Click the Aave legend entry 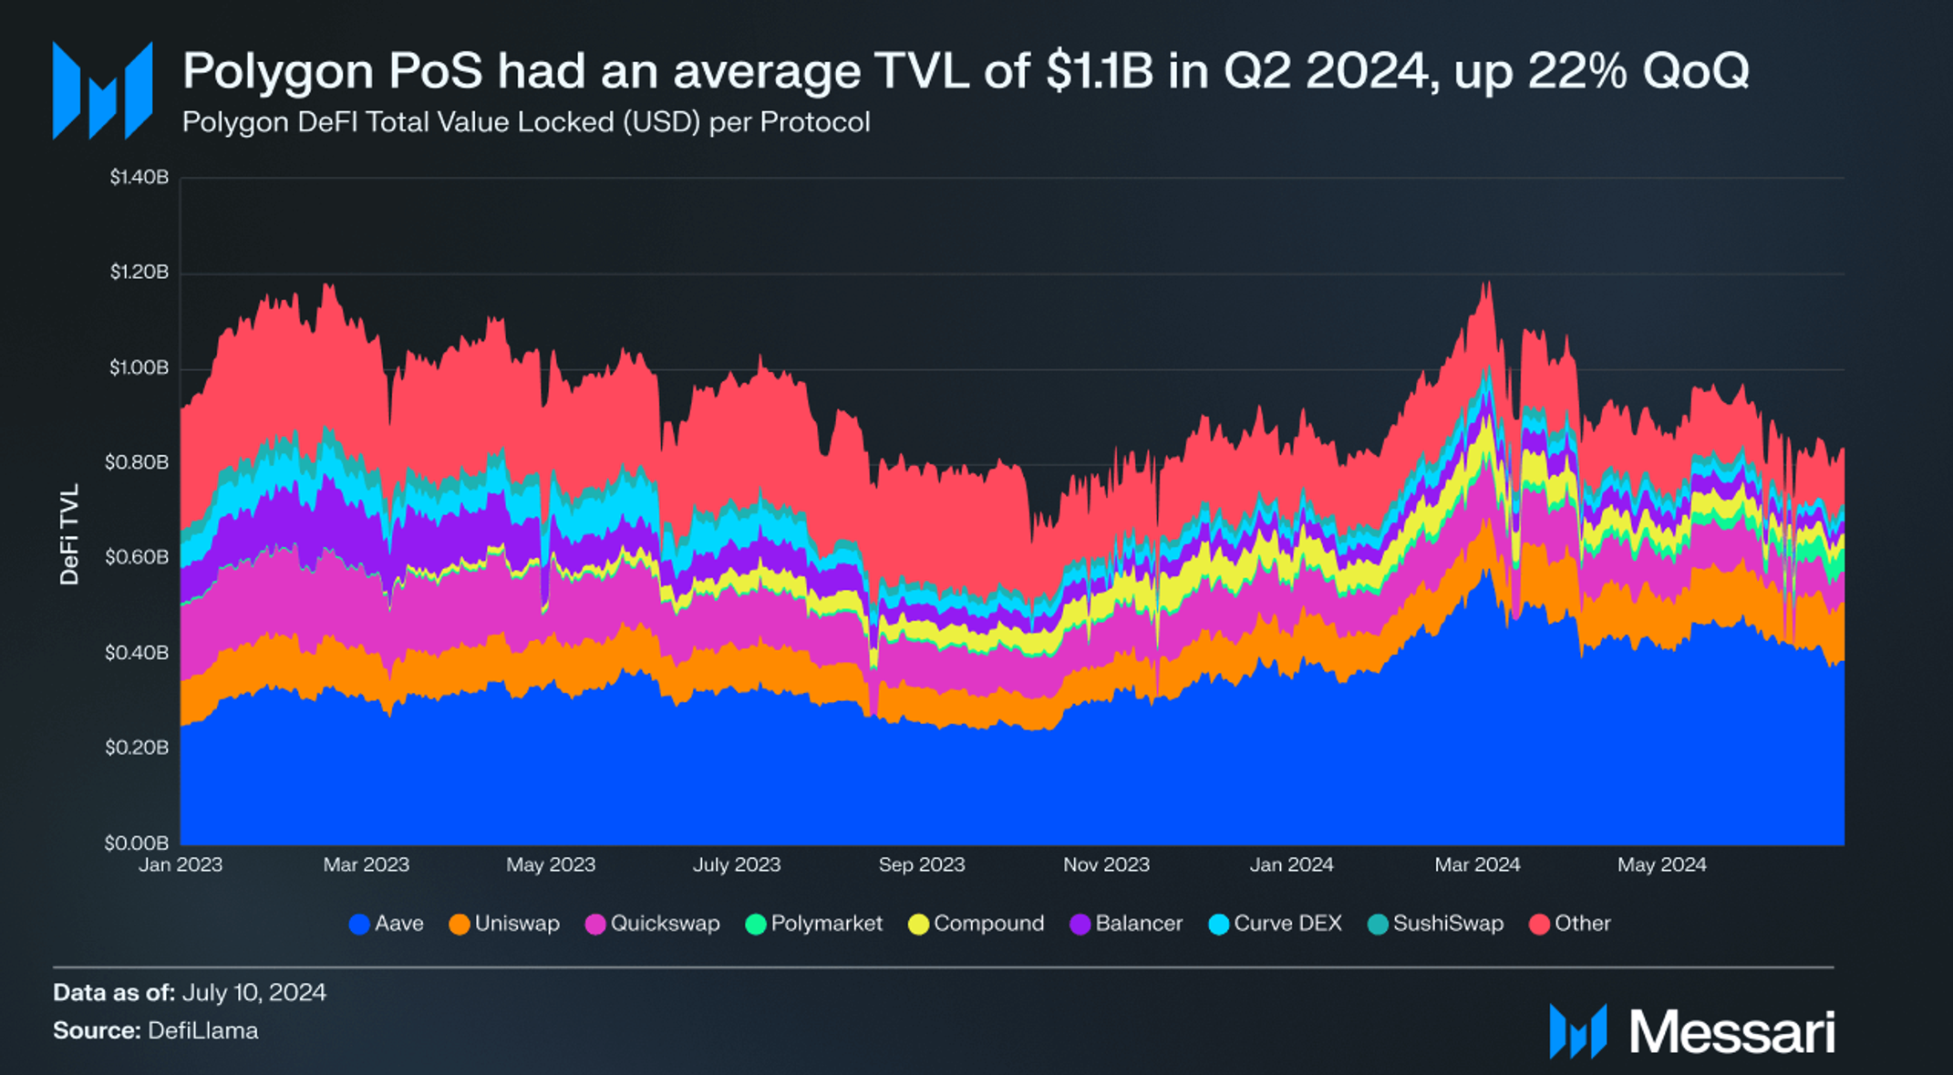(x=387, y=924)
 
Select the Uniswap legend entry (x=505, y=924)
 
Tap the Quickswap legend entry (x=653, y=924)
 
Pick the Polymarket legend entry (x=814, y=924)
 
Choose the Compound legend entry (x=976, y=924)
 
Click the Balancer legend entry (x=1126, y=924)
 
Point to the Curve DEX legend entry (x=1276, y=924)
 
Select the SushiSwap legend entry (x=1436, y=924)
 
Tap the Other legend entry (x=1570, y=924)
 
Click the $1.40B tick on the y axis (x=139, y=177)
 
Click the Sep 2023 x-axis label (x=921, y=864)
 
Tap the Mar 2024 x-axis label (x=1477, y=864)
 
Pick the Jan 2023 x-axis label (x=181, y=864)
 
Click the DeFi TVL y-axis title (x=69, y=533)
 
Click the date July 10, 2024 (x=254, y=992)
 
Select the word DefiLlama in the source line (x=202, y=1030)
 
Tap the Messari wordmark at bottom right (x=1731, y=1032)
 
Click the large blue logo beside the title (x=102, y=89)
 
